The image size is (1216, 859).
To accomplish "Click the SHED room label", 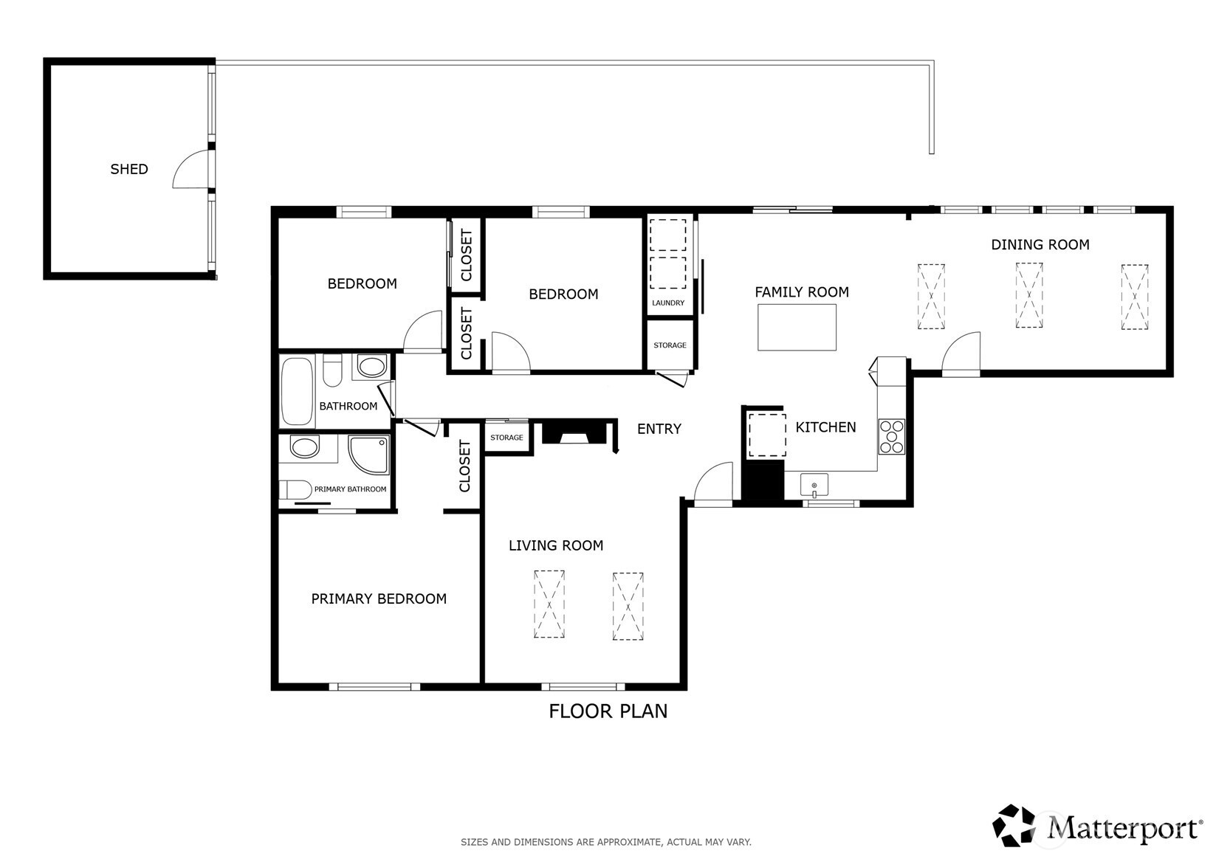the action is click(129, 169).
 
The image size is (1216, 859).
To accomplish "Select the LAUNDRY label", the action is click(667, 303).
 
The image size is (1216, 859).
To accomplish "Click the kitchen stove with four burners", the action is click(891, 436).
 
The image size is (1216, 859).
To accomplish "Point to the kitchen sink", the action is click(814, 485).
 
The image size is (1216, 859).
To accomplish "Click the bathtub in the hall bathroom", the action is click(296, 390).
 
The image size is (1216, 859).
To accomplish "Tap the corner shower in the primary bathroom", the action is click(368, 455).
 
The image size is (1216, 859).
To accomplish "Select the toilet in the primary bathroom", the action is click(295, 489).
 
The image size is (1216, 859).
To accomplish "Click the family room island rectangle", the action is click(797, 327).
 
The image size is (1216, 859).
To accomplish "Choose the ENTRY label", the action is click(659, 429).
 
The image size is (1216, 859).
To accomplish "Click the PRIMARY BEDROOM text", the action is click(379, 598).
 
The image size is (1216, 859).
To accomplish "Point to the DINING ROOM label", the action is click(1040, 245).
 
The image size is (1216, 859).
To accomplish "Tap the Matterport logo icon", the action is click(1013, 825).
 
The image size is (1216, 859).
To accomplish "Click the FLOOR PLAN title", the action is click(608, 711).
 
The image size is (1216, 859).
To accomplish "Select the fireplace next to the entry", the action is click(574, 432).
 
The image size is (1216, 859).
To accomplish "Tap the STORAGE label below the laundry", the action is click(670, 345).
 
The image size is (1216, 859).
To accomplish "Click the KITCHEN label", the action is click(825, 427).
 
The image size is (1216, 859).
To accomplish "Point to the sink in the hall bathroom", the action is click(372, 366).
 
